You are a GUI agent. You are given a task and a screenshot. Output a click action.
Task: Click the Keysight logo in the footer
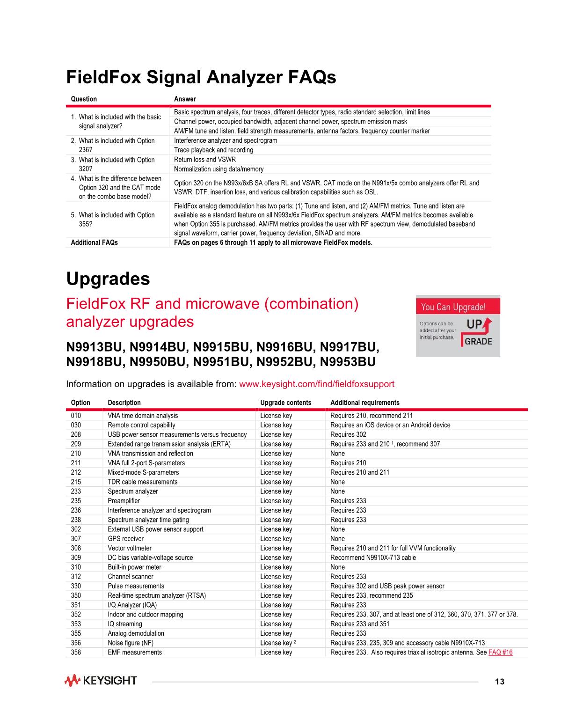coord(101,681)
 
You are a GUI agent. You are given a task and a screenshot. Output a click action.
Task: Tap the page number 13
coord(500,682)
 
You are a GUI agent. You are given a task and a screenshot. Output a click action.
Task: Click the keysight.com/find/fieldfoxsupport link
coord(316,384)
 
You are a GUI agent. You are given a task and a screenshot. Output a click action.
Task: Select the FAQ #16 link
coord(500,652)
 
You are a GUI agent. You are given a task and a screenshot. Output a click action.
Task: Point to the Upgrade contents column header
coord(285,403)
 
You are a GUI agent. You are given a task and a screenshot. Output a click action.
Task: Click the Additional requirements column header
coord(364,403)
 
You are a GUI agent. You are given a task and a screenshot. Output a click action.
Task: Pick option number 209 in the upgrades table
coord(76,444)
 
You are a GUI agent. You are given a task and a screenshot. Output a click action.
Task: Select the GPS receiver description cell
coord(125,538)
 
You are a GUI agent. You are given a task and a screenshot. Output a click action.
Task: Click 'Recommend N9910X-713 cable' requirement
coord(373,557)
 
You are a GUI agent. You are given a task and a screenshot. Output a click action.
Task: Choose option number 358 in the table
coord(76,652)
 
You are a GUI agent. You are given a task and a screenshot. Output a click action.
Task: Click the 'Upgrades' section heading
coord(108,279)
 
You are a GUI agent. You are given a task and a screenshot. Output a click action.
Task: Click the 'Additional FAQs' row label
coord(94,242)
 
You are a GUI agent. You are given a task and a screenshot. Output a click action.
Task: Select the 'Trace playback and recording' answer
coord(213,150)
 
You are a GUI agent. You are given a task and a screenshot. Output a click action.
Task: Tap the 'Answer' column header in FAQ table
coord(185,99)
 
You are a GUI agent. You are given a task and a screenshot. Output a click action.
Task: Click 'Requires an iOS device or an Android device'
coord(390,425)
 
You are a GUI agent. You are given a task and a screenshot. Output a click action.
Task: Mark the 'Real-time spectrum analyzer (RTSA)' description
coord(157,595)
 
